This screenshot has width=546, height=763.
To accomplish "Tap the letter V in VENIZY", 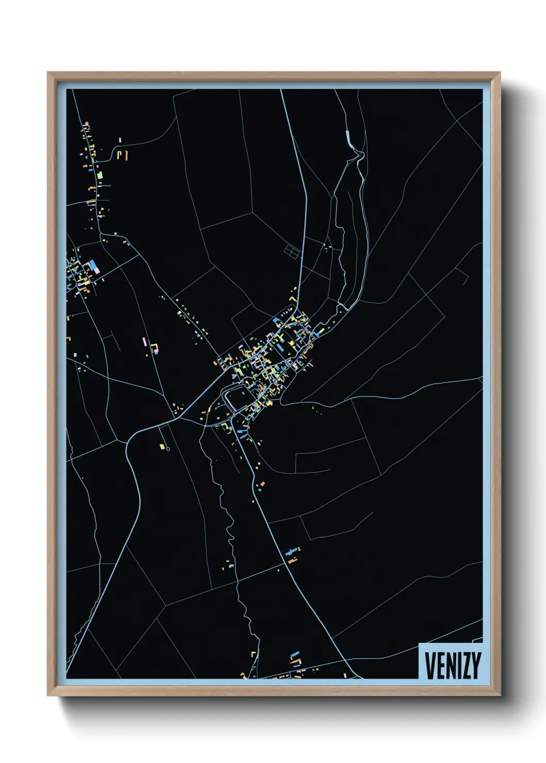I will click(x=429, y=665).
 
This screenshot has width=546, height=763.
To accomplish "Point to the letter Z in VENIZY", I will click(x=464, y=665).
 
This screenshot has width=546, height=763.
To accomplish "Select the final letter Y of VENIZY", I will click(x=476, y=665).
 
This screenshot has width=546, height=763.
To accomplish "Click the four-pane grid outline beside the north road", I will click(x=292, y=251).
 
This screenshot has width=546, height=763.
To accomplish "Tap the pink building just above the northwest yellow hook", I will click(x=120, y=140).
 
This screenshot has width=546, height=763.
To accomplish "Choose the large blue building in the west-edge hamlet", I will click(x=93, y=266).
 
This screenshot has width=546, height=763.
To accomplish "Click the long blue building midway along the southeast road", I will click(x=292, y=552).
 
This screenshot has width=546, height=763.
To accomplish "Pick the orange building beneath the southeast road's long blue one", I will click(x=293, y=560).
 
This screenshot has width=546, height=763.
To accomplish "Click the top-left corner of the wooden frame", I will click(x=48, y=73).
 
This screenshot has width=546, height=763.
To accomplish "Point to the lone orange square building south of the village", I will click(x=262, y=484).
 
